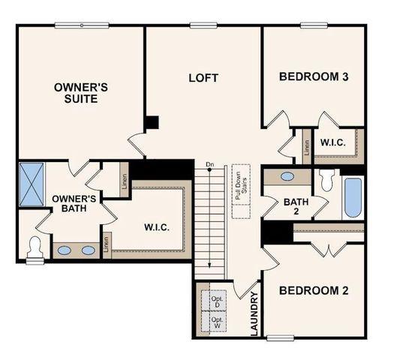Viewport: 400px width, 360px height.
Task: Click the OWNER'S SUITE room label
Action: pyautogui.click(x=80, y=92)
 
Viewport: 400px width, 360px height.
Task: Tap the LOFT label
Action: pyautogui.click(x=203, y=76)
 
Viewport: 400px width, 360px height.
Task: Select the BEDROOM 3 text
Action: pyautogui.click(x=313, y=76)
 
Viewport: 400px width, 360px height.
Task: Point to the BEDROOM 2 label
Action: pyautogui.click(x=313, y=290)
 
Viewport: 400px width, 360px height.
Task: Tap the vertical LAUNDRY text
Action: pyautogui.click(x=253, y=313)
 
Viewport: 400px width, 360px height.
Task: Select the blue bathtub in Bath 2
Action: pyautogui.click(x=353, y=196)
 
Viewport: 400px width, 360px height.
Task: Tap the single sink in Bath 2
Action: pyautogui.click(x=287, y=177)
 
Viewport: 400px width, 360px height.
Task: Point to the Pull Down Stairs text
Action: pyautogui.click(x=241, y=183)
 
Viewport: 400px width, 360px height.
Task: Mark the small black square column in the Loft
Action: pyautogui.click(x=152, y=122)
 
